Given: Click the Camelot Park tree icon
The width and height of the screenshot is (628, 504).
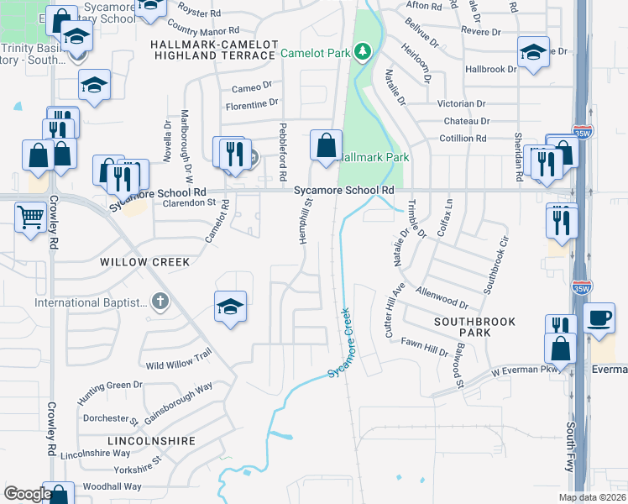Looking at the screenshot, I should [363, 53].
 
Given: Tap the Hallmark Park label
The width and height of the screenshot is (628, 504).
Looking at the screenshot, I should [374, 157].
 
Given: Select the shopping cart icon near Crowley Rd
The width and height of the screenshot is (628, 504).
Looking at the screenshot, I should [31, 218].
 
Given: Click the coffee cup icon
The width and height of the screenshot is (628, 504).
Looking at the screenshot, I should [599, 318].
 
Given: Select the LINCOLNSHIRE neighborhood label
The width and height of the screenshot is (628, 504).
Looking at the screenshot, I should [151, 440].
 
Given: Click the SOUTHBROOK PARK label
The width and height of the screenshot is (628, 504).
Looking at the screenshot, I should [474, 328].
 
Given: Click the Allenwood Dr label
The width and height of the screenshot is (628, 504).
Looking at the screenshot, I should [446, 297].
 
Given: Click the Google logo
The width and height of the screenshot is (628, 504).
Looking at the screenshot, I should [28, 494].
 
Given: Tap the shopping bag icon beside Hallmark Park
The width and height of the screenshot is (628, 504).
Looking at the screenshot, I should [326, 144].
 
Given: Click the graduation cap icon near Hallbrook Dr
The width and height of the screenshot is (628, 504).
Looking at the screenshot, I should [533, 53].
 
